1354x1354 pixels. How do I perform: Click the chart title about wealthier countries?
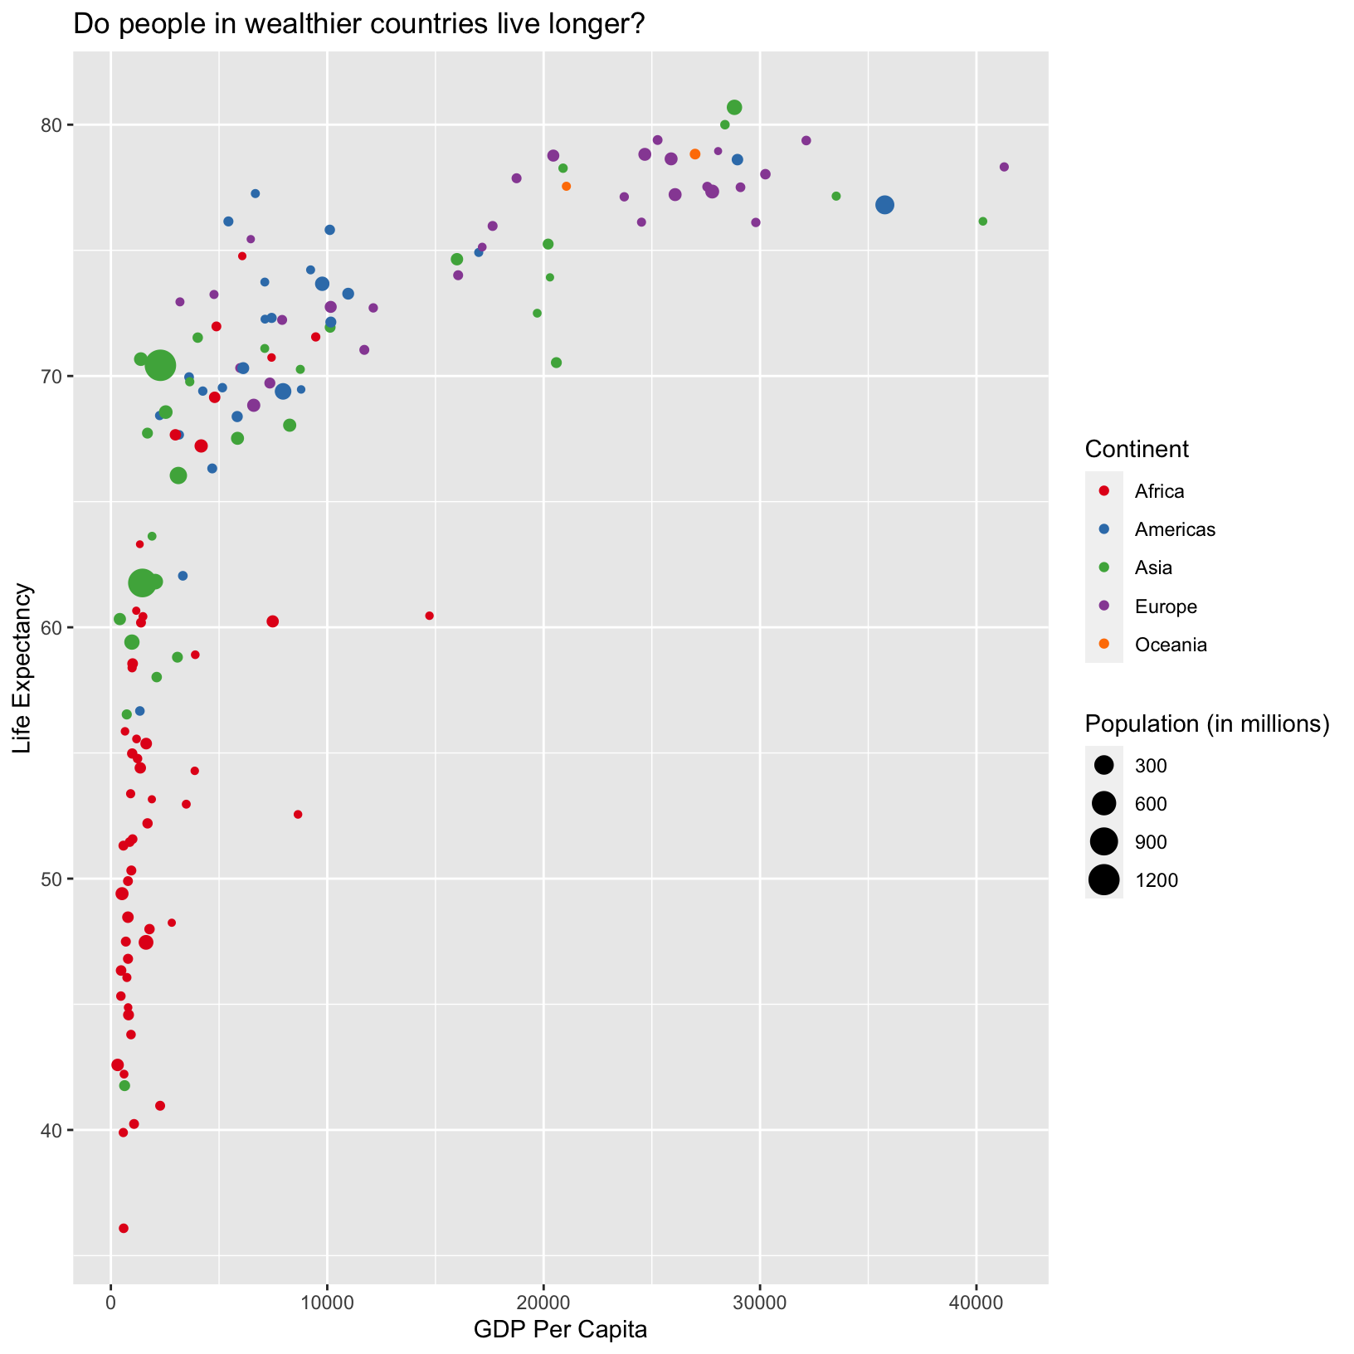[x=359, y=24]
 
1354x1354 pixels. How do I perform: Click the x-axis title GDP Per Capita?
[x=560, y=1330]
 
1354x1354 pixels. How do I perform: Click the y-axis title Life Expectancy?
[x=22, y=668]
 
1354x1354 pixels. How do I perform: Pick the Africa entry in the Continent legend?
[x=1159, y=491]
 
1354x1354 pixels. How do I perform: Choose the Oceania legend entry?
[x=1170, y=645]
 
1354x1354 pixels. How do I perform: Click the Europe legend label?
[x=1166, y=606]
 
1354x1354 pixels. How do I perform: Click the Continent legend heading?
[x=1137, y=449]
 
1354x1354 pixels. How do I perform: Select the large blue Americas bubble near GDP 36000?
[x=885, y=205]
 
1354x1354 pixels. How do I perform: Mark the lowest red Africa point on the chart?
[x=124, y=1228]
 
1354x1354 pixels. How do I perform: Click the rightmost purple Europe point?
[x=1004, y=167]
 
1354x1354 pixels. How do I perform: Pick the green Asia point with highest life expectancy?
[x=734, y=107]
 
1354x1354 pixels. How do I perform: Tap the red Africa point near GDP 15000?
[x=429, y=616]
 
